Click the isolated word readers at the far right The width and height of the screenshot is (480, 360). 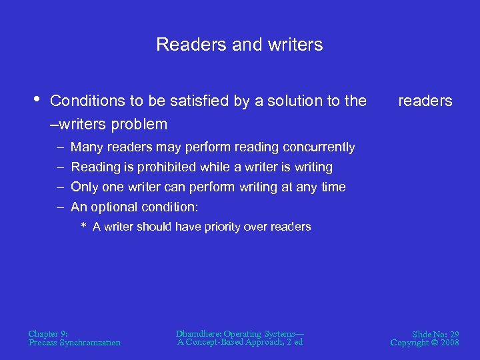click(x=425, y=101)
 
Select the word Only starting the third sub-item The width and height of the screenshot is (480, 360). click(x=84, y=187)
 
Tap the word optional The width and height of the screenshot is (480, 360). click(x=113, y=207)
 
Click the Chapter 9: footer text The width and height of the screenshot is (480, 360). click(x=48, y=333)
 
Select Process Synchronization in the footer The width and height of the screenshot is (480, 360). click(x=75, y=343)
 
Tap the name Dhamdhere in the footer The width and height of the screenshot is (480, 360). click(x=198, y=333)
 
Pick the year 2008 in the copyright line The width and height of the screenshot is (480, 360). click(x=449, y=343)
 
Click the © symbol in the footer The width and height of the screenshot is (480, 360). click(x=433, y=343)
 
